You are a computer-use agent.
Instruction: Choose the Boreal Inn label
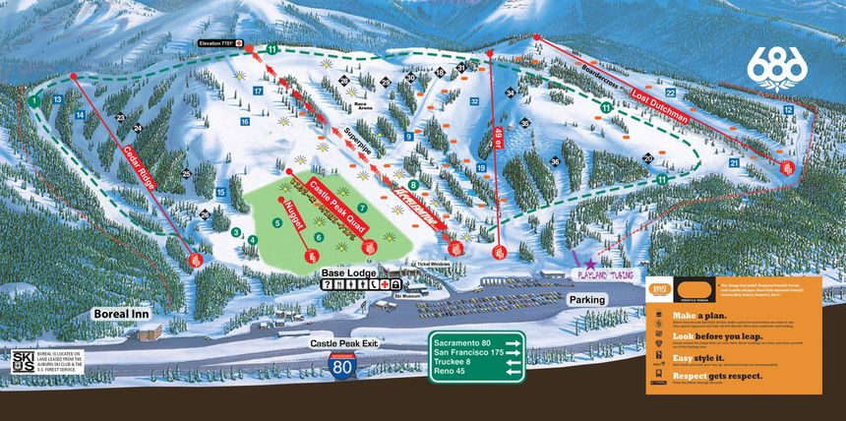point(120,314)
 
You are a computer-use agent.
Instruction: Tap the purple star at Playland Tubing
point(591,265)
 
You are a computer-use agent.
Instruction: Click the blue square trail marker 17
point(257,90)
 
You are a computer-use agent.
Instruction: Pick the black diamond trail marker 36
point(555,161)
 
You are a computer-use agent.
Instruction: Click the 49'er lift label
point(499,140)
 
